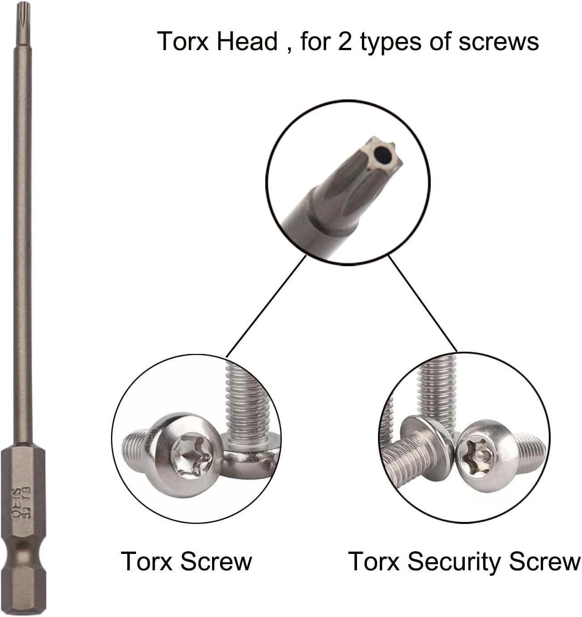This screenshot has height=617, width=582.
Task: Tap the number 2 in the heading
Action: [x=344, y=42]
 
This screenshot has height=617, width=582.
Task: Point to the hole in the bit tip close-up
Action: [x=383, y=156]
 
